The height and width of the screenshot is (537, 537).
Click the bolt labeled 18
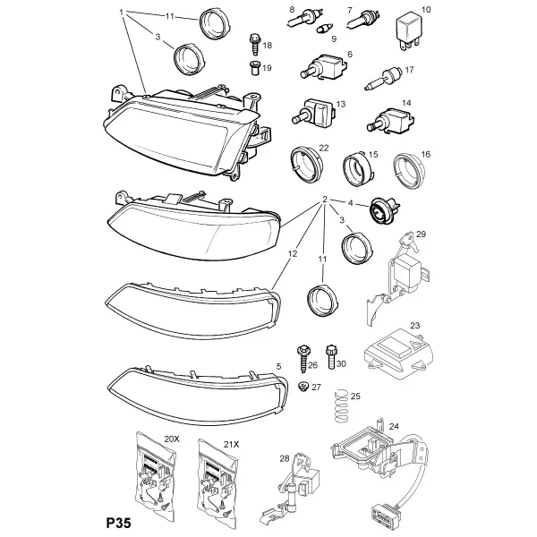click(x=254, y=44)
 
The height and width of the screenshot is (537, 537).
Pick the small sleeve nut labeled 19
click(x=255, y=68)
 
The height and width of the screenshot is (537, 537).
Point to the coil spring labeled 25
click(x=340, y=407)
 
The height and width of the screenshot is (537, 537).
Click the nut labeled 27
click(x=303, y=387)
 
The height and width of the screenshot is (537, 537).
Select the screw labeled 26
click(x=303, y=359)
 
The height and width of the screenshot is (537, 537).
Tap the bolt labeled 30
click(x=331, y=356)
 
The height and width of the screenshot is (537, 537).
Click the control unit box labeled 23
click(x=398, y=354)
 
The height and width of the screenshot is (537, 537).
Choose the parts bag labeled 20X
click(x=156, y=475)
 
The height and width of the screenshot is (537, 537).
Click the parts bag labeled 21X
click(x=217, y=479)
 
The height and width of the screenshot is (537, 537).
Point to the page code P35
click(x=118, y=524)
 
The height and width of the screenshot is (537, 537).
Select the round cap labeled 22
click(x=306, y=164)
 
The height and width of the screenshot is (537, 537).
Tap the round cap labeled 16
click(x=409, y=171)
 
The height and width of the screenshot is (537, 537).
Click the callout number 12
click(x=293, y=253)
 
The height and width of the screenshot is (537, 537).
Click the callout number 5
click(x=278, y=366)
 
